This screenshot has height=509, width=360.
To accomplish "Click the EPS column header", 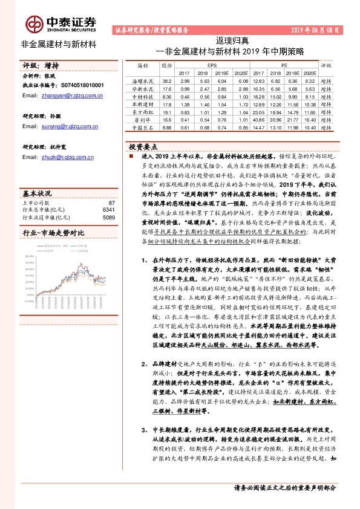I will (x=212, y=65).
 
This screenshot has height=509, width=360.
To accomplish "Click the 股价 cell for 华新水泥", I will (x=167, y=88).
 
